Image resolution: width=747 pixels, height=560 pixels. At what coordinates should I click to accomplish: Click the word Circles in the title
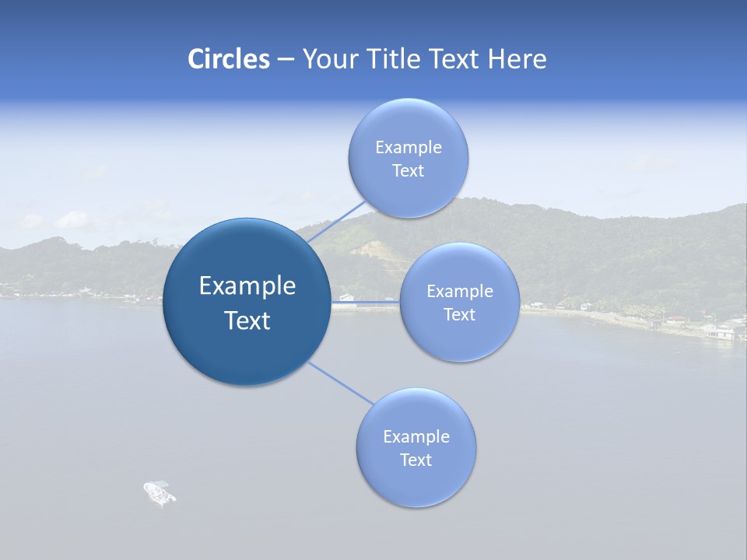point(228,59)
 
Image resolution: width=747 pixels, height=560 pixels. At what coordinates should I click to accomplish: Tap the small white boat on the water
point(160,492)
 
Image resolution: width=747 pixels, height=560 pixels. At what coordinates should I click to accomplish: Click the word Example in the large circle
point(247,286)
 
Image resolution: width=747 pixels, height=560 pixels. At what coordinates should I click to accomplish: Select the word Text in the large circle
point(247,320)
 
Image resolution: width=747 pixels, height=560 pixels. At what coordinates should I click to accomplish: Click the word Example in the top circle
point(408,147)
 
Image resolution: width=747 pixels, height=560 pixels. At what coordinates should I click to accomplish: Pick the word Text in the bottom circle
point(416,460)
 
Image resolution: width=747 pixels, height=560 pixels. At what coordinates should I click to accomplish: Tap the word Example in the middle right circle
point(459,292)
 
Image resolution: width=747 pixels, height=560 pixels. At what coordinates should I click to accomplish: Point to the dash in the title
point(285,60)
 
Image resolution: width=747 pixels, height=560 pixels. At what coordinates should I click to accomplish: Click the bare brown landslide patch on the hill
point(372,249)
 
